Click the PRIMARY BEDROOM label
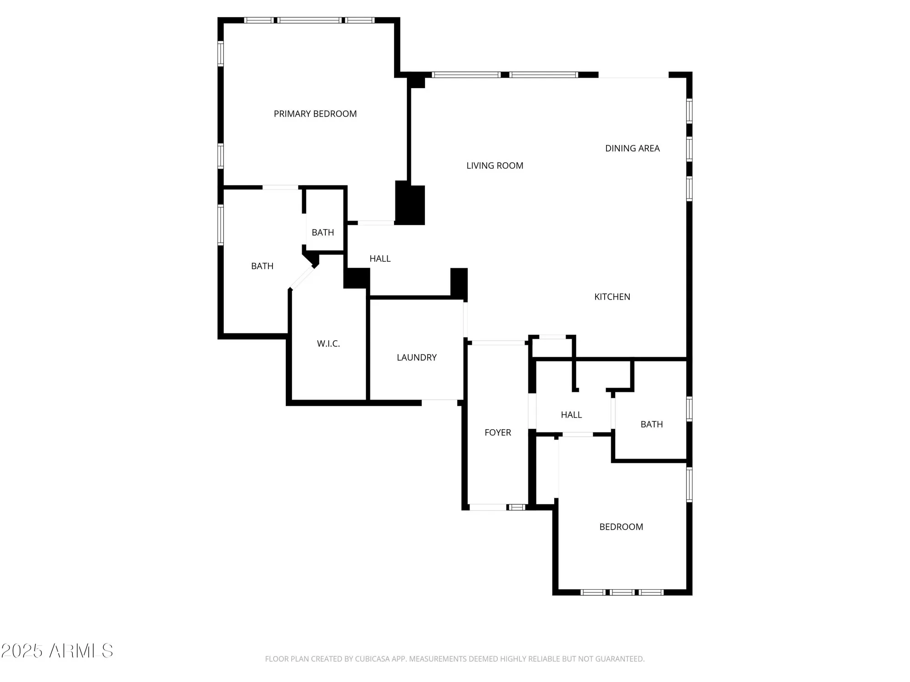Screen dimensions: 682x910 [x=315, y=114]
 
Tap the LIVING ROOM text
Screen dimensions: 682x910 [x=495, y=165]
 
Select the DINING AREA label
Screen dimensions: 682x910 [x=632, y=148]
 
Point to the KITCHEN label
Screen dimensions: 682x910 [x=612, y=297]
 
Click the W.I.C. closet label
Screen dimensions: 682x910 [x=328, y=344]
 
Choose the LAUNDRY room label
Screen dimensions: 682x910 [x=416, y=357]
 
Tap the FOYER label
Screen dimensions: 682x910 [x=497, y=432]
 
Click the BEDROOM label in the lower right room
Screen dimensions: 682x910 [x=621, y=527]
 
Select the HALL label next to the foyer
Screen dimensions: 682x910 [x=571, y=415]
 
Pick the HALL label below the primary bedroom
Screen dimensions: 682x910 [x=380, y=259]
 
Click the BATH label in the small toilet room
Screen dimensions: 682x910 [x=323, y=232]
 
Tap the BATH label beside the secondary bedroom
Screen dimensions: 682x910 [x=651, y=424]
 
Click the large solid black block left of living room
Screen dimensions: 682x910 [x=409, y=203]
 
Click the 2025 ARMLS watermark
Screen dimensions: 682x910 [x=57, y=651]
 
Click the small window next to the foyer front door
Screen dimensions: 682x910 [x=516, y=507]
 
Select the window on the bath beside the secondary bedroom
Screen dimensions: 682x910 [x=689, y=409]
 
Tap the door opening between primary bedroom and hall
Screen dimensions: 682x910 [x=376, y=223]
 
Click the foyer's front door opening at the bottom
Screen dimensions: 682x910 [x=488, y=507]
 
